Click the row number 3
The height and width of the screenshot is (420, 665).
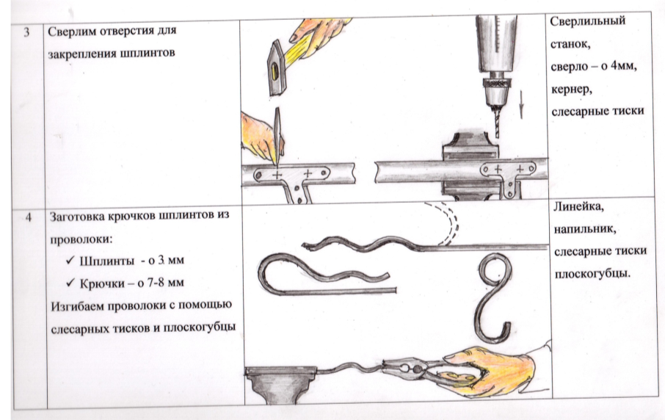tap(26, 32)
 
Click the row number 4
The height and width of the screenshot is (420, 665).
tap(29, 217)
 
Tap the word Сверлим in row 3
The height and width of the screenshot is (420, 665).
tap(72, 31)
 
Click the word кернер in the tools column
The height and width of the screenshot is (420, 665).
tap(571, 90)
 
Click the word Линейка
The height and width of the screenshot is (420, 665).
tap(578, 206)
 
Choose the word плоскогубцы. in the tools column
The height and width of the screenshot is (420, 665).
tap(592, 274)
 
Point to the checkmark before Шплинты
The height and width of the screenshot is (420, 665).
tap(70, 259)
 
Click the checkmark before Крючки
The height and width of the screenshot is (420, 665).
tap(70, 282)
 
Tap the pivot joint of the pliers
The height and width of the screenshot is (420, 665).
tap(418, 370)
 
